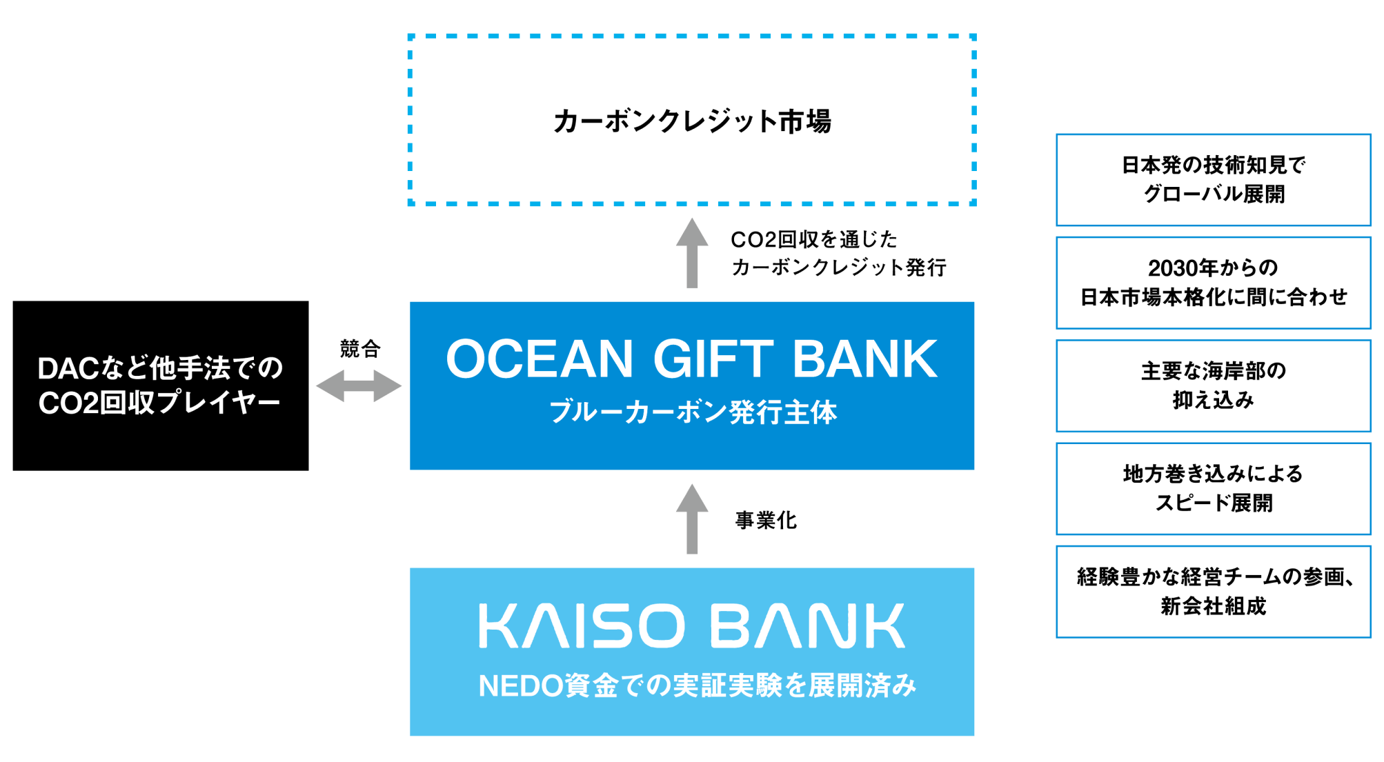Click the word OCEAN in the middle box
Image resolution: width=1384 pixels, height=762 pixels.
coord(539,359)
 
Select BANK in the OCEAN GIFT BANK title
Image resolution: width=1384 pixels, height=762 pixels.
coord(865,359)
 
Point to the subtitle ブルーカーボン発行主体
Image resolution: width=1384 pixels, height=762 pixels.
coord(693,412)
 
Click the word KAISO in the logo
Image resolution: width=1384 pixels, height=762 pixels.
coord(582,626)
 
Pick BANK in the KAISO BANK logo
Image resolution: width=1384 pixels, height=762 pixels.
coord(807,626)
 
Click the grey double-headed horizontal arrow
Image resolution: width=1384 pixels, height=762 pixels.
coord(359,385)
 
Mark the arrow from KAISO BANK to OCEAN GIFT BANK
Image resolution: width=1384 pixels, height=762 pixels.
coord(692,519)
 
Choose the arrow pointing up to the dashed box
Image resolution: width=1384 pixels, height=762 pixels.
coord(692,253)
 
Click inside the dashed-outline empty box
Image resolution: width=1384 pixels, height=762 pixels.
coord(692,119)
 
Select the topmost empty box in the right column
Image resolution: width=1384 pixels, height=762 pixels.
coord(1213,180)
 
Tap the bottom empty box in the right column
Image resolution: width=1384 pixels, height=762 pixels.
coord(1213,592)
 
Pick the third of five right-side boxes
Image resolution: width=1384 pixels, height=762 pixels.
coord(1213,385)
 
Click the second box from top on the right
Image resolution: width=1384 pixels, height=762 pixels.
coord(1213,283)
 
